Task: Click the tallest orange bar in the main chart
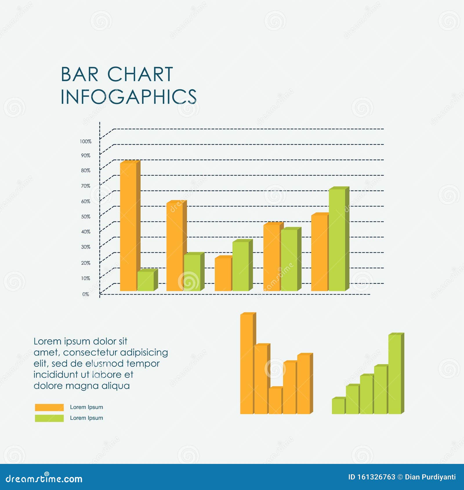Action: point(128,226)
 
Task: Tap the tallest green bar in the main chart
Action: point(337,239)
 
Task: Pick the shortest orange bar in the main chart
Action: point(223,274)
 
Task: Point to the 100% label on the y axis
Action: point(86,141)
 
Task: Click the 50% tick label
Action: point(86,217)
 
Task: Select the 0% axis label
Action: point(86,294)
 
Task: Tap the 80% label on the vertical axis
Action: point(86,170)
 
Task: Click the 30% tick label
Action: point(86,247)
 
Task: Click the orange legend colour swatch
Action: point(49,407)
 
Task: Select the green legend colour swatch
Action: point(49,418)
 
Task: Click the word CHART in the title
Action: point(140,75)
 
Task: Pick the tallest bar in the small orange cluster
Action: point(246,364)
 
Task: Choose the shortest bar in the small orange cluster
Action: point(275,401)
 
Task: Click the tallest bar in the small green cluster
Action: point(395,374)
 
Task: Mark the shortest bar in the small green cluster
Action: point(338,406)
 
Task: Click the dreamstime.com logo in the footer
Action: point(44,479)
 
